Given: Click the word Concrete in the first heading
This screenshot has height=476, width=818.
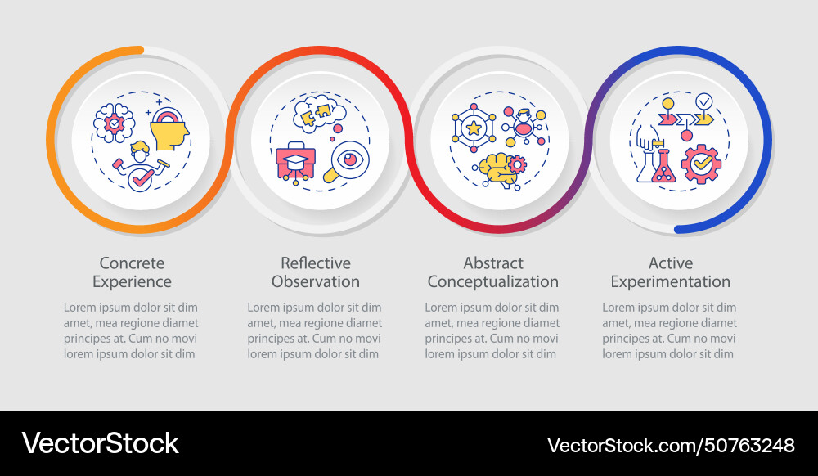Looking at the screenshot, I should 132,263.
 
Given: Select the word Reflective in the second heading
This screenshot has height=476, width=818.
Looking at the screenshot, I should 315,263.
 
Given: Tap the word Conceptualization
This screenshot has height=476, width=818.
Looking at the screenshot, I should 492,282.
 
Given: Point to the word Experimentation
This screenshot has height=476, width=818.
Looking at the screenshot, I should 670,282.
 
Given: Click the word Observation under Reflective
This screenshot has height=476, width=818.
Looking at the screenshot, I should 315,282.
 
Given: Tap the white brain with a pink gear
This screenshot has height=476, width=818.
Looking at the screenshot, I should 114,123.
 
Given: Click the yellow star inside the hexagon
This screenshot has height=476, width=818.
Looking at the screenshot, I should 472,128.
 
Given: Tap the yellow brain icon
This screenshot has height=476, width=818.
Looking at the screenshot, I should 497,167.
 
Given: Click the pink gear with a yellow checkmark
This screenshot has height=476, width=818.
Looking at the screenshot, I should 701,164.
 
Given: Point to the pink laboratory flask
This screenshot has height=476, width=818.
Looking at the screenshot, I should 663,168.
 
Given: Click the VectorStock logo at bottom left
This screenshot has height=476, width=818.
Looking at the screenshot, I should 100,443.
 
